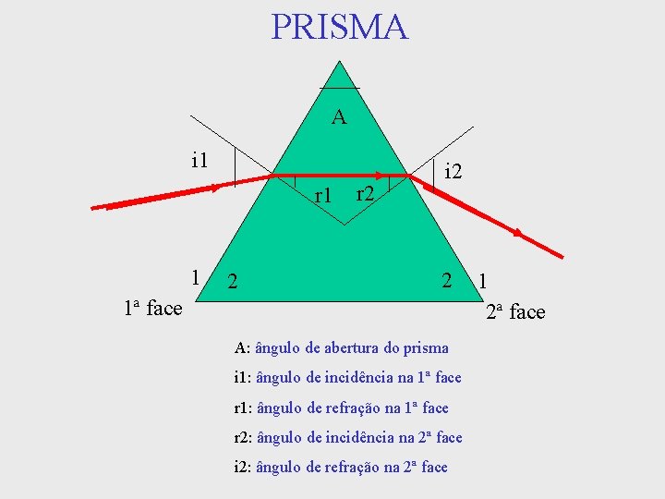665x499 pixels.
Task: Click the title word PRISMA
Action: [339, 27]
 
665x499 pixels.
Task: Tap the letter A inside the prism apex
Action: [339, 117]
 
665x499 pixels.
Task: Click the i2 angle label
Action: [453, 171]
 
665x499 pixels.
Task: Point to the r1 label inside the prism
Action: [323, 195]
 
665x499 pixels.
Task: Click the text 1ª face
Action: [152, 308]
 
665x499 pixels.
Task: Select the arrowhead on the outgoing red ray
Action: [520, 233]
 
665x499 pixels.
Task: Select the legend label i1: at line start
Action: [243, 378]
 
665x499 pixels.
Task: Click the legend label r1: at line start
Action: [244, 408]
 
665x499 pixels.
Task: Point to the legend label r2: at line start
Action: [244, 437]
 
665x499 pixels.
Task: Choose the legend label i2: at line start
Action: [243, 467]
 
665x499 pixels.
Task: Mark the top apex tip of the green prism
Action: [340, 62]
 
